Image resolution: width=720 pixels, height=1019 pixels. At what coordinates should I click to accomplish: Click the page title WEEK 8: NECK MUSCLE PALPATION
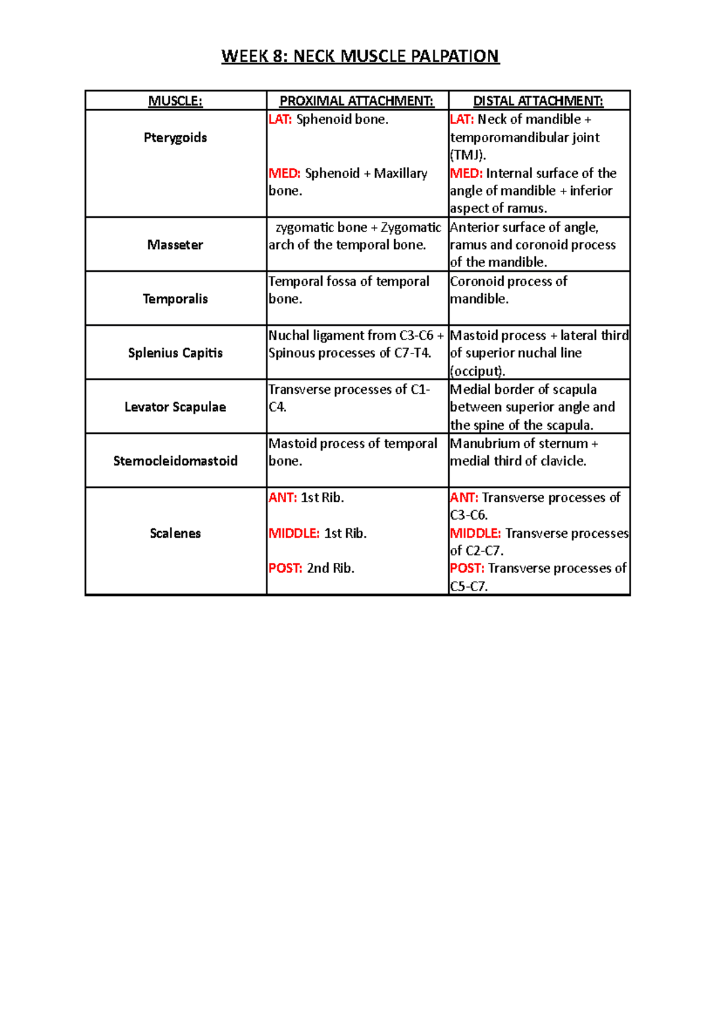360,56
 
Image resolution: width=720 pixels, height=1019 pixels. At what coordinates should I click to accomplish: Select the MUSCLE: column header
175,101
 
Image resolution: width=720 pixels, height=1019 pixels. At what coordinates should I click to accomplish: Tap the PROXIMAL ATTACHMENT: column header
356,101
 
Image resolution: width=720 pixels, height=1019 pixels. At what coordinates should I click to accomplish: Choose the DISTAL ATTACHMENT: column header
538,101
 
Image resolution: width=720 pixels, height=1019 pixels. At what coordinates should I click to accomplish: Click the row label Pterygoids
175,137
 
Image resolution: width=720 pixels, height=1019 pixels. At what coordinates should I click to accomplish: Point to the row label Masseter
175,245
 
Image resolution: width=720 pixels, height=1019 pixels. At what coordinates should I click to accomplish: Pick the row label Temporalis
175,299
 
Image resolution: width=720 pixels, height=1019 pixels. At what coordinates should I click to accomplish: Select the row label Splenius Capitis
175,353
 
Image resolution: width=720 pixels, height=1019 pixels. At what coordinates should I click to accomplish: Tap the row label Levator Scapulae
175,407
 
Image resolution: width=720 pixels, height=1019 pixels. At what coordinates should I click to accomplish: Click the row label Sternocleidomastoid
175,461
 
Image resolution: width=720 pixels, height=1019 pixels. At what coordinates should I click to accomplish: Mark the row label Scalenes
175,534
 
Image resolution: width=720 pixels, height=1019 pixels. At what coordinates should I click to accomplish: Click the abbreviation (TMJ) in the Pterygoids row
467,155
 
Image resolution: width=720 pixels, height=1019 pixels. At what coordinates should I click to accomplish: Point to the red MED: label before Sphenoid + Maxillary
284,173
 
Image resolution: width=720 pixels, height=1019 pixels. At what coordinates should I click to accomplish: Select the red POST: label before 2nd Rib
286,568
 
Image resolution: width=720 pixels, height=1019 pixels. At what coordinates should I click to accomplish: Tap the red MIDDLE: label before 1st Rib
294,534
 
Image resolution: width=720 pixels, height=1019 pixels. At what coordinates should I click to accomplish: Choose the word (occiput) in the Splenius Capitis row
477,371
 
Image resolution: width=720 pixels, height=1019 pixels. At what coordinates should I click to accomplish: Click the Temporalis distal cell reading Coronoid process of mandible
509,290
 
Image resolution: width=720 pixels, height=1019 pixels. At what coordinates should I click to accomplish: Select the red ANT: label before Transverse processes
464,497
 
